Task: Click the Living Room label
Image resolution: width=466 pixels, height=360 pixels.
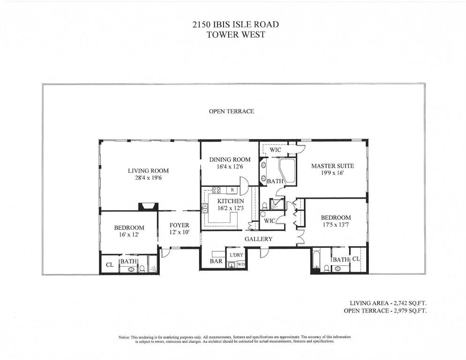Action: [148, 171]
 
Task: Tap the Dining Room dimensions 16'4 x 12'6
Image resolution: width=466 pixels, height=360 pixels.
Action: [230, 166]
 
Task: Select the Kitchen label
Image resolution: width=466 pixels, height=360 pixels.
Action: [231, 201]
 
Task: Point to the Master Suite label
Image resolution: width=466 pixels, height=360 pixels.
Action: [332, 166]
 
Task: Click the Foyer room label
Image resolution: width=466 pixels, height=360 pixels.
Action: [179, 225]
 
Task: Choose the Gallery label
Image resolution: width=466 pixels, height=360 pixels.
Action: [259, 239]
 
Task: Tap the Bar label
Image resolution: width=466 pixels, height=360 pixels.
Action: [216, 261]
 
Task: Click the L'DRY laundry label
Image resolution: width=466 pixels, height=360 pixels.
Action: [237, 255]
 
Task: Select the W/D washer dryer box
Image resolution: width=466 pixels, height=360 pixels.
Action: [241, 264]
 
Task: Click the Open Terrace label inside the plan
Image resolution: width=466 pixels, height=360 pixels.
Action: [231, 112]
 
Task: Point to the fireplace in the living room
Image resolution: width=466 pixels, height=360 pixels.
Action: [148, 207]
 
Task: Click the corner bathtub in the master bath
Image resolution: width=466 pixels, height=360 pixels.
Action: [287, 171]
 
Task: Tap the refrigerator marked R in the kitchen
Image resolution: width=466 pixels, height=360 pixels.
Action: [232, 190]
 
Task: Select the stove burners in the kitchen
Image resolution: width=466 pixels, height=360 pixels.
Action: [216, 190]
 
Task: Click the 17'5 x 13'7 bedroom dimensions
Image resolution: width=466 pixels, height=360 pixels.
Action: [336, 225]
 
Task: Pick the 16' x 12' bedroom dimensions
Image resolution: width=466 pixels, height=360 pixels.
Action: [129, 234]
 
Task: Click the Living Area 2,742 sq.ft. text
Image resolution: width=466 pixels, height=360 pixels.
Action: [388, 303]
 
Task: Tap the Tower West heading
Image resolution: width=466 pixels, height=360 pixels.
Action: [236, 35]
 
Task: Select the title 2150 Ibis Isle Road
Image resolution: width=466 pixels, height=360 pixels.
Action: [236, 24]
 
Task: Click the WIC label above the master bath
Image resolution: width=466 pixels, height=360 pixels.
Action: [275, 150]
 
